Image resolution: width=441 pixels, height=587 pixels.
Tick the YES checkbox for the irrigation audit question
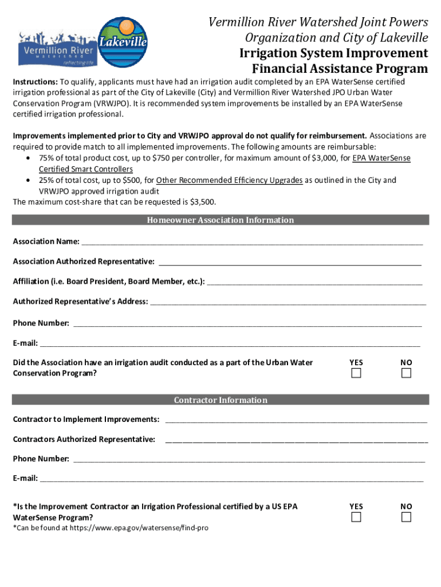pos(356,373)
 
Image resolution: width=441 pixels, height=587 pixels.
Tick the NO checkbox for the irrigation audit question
pos(406,373)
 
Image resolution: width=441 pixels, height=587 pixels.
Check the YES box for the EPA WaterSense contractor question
pos(356,517)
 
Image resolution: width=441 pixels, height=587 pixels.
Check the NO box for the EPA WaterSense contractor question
pos(406,517)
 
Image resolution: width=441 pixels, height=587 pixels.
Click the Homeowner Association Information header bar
pos(220,220)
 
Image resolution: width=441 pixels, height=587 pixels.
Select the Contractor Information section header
pos(220,400)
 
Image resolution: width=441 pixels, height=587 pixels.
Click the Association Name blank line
pos(252,242)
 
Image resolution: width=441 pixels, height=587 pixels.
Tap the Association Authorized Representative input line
pos(290,263)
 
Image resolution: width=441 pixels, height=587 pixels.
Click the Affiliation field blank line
pos(314,282)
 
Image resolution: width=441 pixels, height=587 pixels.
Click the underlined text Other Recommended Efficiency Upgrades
pos(229,181)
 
